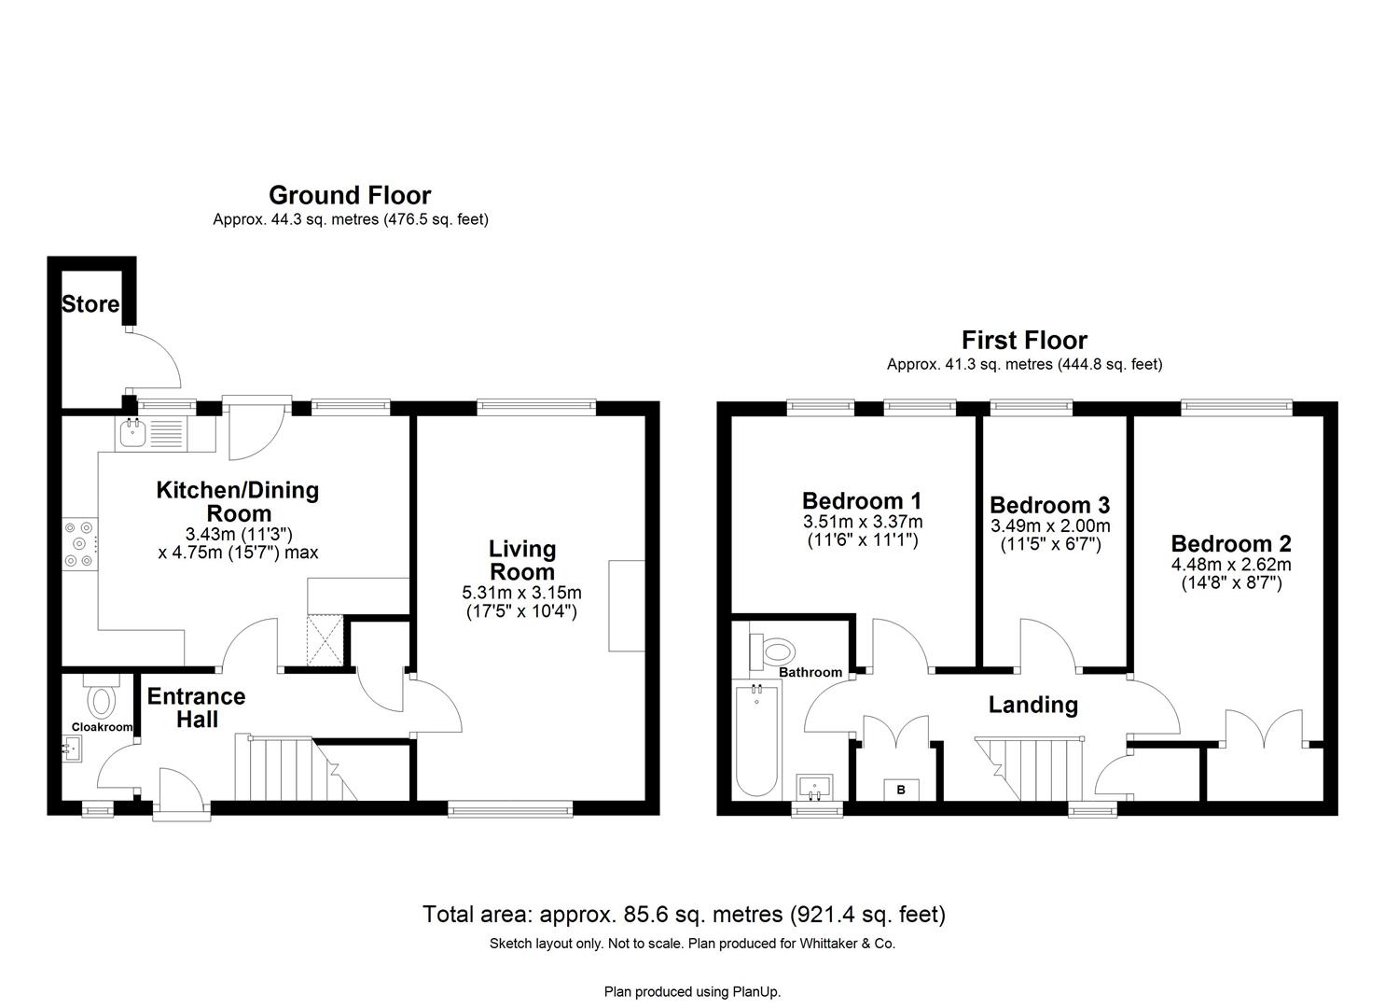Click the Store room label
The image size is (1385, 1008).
[x=90, y=303]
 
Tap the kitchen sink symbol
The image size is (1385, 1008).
[x=132, y=431]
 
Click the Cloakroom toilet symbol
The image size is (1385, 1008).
[x=101, y=696]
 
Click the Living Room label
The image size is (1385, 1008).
[x=522, y=561]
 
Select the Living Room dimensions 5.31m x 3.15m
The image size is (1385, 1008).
[x=521, y=593]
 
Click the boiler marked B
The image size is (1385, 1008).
[x=901, y=790]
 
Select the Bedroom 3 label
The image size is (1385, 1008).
[x=1049, y=505]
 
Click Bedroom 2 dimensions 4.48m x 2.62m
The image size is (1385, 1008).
[x=1231, y=565]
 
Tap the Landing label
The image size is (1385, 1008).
[x=1032, y=705]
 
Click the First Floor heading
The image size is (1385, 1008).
[x=1024, y=340]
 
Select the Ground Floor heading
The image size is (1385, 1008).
[x=350, y=195]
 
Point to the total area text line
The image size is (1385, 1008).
[x=684, y=914]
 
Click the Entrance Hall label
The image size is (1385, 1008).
[x=196, y=707]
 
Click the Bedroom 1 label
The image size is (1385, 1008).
[x=862, y=500]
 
